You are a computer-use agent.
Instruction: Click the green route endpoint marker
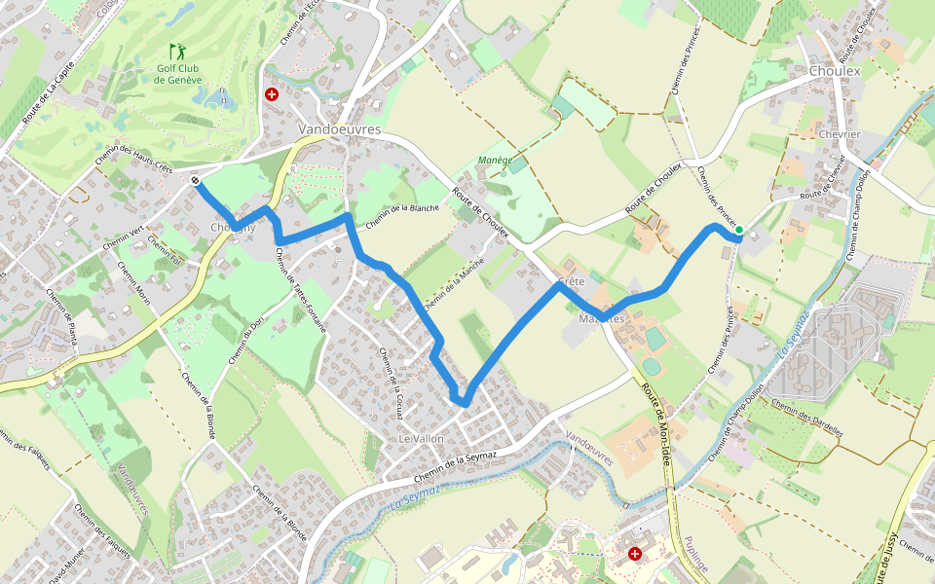[x=739, y=231]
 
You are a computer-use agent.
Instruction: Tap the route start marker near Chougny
[x=197, y=180]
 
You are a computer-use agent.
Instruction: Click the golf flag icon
[x=177, y=51]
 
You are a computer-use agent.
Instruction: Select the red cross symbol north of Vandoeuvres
[x=271, y=94]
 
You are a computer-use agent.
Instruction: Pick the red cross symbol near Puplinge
[x=636, y=553]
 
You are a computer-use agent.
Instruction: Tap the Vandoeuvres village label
[x=339, y=129]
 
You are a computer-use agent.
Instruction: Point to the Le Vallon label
[x=422, y=439]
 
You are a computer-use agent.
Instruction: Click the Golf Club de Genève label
[x=178, y=74]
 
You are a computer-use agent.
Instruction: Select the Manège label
[x=496, y=160]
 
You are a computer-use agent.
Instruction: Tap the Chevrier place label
[x=840, y=134]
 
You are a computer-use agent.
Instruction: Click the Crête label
[x=572, y=281]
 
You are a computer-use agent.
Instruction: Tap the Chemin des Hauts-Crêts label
[x=134, y=157]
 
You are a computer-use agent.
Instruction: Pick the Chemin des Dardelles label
[x=806, y=420]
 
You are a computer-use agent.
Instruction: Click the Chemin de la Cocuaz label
[x=391, y=383]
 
